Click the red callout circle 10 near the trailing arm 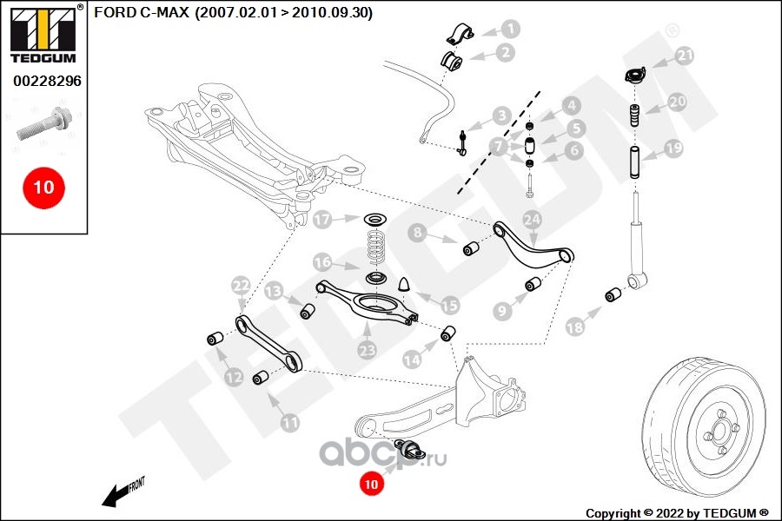372,485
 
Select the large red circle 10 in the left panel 43,186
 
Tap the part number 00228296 46,82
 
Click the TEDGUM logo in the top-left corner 42,36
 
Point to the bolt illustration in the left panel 41,123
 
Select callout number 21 686,56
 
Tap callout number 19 674,148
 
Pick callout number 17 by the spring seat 323,220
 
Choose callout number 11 289,423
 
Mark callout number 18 574,326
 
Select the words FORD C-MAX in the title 139,13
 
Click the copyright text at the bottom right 677,512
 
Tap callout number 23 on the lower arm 367,349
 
